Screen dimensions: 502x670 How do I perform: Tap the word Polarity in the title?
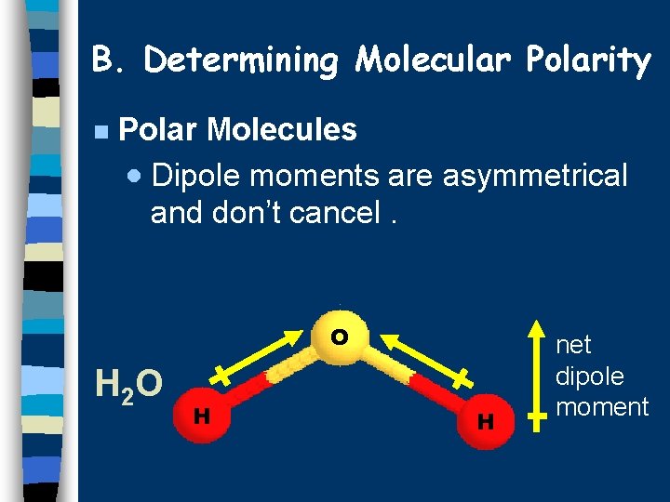point(588,61)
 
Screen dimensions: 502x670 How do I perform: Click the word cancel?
point(334,213)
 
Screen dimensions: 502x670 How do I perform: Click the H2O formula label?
point(129,382)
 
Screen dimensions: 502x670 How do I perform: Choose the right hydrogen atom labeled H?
point(484,421)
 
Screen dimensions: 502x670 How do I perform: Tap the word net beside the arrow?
point(573,345)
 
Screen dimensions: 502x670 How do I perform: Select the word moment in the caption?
point(602,407)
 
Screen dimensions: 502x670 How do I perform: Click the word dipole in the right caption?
point(589,376)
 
